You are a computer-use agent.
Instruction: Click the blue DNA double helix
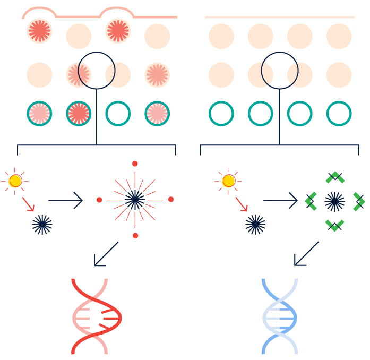click(280, 316)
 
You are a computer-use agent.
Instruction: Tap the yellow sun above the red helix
click(15, 181)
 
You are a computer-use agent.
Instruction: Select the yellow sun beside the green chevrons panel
click(229, 181)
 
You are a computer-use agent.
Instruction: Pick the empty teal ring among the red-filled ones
click(118, 113)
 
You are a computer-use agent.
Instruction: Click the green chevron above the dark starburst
click(335, 177)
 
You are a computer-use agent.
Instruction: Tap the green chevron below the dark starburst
click(335, 225)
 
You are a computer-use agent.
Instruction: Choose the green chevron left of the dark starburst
click(311, 201)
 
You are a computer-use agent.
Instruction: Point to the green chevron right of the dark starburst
click(359, 201)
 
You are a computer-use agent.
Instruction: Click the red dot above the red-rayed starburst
click(135, 164)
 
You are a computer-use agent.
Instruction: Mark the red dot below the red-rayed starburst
click(135, 235)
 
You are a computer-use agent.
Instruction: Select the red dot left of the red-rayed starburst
click(99, 200)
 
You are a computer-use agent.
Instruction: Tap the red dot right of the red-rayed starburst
click(171, 200)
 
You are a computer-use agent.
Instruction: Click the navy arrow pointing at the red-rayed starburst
click(66, 200)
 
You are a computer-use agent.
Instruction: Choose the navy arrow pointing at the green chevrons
click(280, 200)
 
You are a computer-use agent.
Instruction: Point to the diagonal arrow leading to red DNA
click(106, 254)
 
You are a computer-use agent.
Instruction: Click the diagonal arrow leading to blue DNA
click(306, 254)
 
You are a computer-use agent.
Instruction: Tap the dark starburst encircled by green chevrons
click(334, 201)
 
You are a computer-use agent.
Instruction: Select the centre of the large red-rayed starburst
click(135, 200)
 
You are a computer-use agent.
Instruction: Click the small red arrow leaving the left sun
click(28, 204)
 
